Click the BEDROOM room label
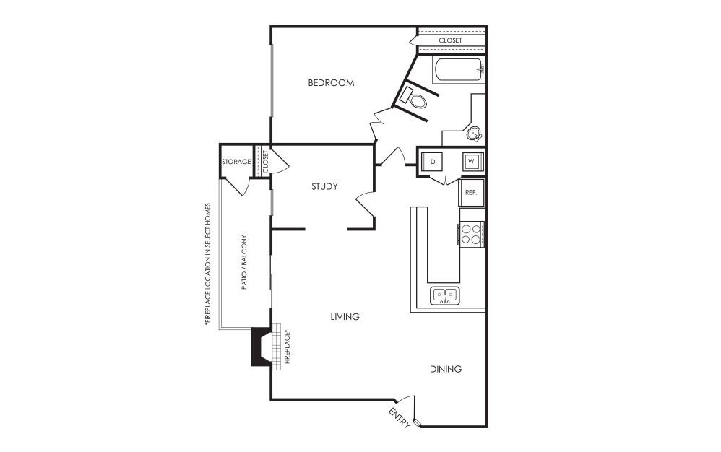[x=331, y=83]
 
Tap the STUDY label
[x=324, y=186]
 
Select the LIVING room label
[x=345, y=316]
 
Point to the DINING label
[x=446, y=369]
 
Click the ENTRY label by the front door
[x=399, y=417]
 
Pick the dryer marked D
[x=432, y=162]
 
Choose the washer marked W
[x=471, y=162]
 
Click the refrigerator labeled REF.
[x=471, y=193]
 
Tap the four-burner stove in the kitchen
[x=471, y=234]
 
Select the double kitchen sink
[x=444, y=295]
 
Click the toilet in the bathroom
[x=413, y=98]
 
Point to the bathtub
[x=459, y=71]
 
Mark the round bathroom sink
[x=474, y=134]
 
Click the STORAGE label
[x=236, y=162]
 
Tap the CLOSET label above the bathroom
[x=450, y=40]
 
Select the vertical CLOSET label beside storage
[x=265, y=162]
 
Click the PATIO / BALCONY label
[x=244, y=262]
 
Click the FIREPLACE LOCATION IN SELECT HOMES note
[x=208, y=264]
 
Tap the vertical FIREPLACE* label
[x=288, y=347]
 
